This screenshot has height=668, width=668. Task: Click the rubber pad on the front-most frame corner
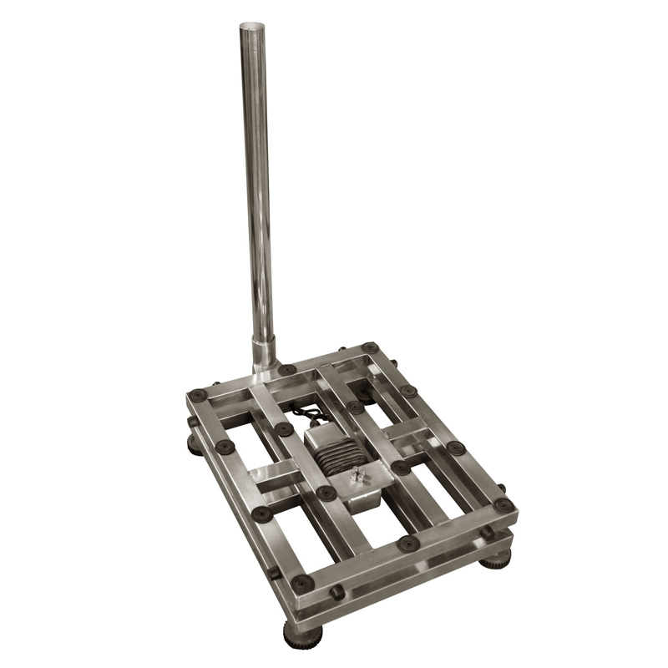click(301, 582)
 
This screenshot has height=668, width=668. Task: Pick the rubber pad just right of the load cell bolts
click(401, 467)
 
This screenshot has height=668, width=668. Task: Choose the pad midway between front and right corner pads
click(408, 544)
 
